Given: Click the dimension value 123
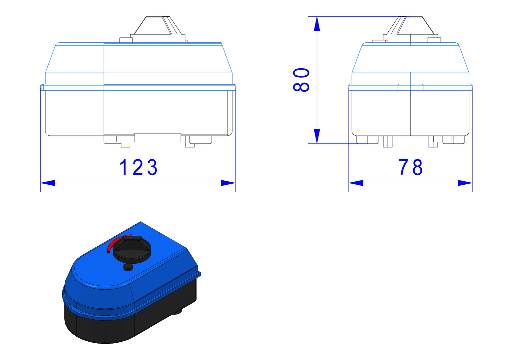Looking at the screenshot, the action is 138,167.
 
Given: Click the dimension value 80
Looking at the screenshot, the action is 301,80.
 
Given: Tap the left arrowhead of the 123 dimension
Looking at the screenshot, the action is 48,183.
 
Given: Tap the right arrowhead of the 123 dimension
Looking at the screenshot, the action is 228,183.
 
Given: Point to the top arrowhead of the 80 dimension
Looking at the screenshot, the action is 317,24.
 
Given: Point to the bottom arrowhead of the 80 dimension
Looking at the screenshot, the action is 317,136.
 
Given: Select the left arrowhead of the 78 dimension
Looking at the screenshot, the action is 356,183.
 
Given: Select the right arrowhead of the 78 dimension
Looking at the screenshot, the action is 465,183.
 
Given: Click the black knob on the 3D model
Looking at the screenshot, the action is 132,249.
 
